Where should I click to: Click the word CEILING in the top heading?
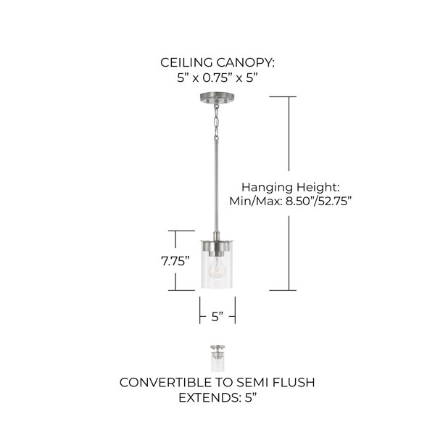186,62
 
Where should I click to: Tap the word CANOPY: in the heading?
246,62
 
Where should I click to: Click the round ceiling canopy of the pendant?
217,98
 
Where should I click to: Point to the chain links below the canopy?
216,122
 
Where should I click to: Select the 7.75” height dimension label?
175,261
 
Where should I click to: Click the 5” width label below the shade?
217,317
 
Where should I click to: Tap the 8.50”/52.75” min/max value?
319,201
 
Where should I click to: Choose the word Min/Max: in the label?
255,201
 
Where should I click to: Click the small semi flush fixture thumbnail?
217,358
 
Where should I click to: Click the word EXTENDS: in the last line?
210,398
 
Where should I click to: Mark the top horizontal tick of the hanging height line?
283,97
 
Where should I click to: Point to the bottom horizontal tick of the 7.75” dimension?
181,291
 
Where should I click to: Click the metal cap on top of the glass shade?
217,244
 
